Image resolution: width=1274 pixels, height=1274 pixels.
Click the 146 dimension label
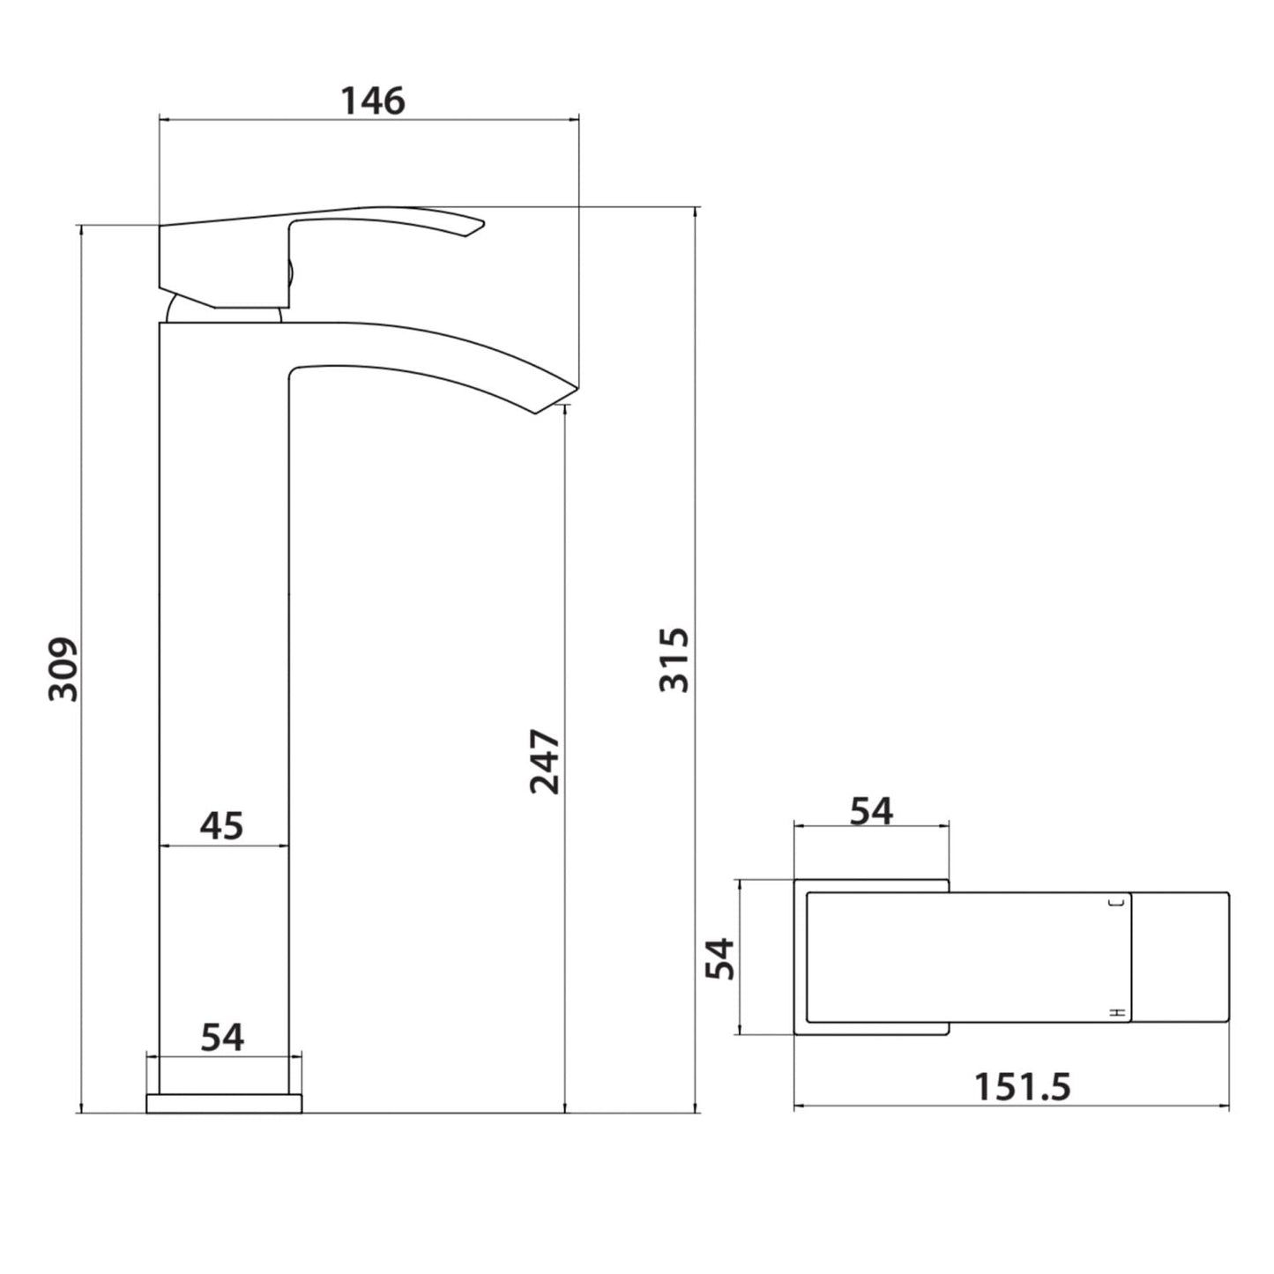tap(373, 101)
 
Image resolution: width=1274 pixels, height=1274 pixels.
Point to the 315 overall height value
tap(674, 659)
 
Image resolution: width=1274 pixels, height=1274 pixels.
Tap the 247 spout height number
tap(545, 761)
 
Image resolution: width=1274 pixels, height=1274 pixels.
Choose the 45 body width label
tap(221, 825)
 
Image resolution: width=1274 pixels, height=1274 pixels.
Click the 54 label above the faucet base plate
tap(222, 1037)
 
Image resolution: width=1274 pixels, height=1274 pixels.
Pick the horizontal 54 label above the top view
tap(871, 810)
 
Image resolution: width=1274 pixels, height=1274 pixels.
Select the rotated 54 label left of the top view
tap(720, 957)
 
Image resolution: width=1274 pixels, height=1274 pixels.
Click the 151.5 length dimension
tap(1022, 1086)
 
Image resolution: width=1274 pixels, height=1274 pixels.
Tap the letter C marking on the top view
tap(1121, 902)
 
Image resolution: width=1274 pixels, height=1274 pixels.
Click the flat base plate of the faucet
tap(224, 1103)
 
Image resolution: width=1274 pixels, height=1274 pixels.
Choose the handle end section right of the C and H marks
tap(1180, 957)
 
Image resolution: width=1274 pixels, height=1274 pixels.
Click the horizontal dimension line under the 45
tap(224, 846)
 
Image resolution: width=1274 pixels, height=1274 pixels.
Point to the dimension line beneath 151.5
tap(1011, 1106)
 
